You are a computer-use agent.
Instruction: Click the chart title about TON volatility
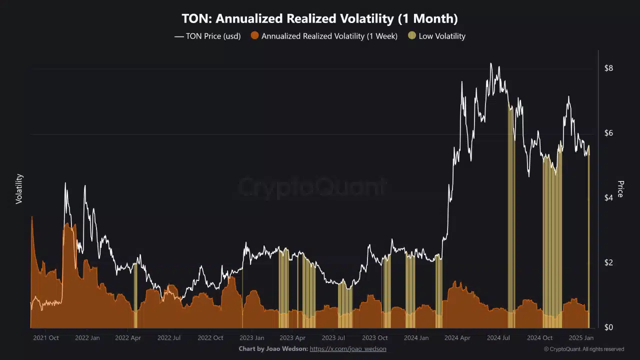pyautogui.click(x=319, y=19)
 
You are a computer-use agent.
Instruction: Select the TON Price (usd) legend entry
pyautogui.click(x=207, y=36)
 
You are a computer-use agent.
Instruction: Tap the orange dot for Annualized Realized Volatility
pyautogui.click(x=255, y=36)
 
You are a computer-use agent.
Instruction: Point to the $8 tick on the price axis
pyautogui.click(x=608, y=68)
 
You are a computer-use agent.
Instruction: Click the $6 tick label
pyautogui.click(x=608, y=133)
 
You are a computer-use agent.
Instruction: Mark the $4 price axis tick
pyautogui.click(x=608, y=198)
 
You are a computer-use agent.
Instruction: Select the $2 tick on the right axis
pyautogui.click(x=608, y=262)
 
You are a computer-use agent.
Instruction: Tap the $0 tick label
pyautogui.click(x=608, y=327)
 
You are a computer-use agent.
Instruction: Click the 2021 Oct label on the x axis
pyautogui.click(x=46, y=338)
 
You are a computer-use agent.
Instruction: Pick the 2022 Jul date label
pyautogui.click(x=169, y=338)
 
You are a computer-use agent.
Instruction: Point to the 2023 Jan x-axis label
pyautogui.click(x=251, y=338)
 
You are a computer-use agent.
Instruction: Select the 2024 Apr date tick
pyautogui.click(x=458, y=338)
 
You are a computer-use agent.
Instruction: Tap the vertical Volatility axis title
pyautogui.click(x=19, y=188)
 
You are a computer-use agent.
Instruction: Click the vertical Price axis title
pyautogui.click(x=620, y=188)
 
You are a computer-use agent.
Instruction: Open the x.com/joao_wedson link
pyautogui.click(x=348, y=348)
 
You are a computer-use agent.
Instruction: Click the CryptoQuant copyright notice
pyautogui.click(x=584, y=349)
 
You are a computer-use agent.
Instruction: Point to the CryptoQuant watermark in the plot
pyautogui.click(x=312, y=187)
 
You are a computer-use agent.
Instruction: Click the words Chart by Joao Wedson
pyautogui.click(x=273, y=348)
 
